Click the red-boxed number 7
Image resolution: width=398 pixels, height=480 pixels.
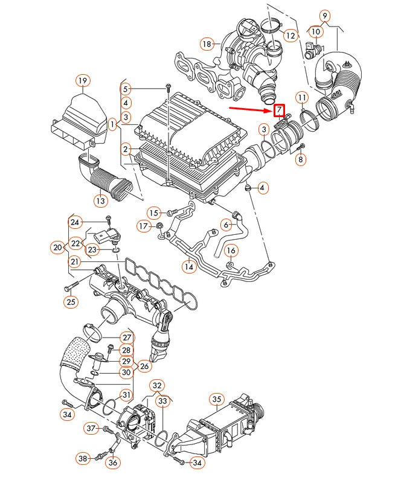pyautogui.click(x=279, y=110)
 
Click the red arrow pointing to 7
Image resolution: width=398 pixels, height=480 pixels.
pyautogui.click(x=250, y=109)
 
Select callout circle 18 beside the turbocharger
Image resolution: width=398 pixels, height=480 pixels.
pyautogui.click(x=207, y=43)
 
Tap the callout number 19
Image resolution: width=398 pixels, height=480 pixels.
pyautogui.click(x=83, y=80)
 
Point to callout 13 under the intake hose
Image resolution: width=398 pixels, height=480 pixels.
pyautogui.click(x=101, y=200)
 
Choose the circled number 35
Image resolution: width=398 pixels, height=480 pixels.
pyautogui.click(x=217, y=399)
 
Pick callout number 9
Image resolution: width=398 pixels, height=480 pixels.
pyautogui.click(x=325, y=16)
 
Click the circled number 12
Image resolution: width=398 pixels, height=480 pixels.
pyautogui.click(x=291, y=36)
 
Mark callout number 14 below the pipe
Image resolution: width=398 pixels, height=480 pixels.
pyautogui.click(x=189, y=266)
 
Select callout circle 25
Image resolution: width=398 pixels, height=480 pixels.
pyautogui.click(x=71, y=302)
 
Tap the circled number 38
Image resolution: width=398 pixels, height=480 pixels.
pyautogui.click(x=83, y=459)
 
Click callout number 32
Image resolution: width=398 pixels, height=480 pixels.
pyautogui.click(x=157, y=385)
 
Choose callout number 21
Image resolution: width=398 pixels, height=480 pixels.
pyautogui.click(x=74, y=261)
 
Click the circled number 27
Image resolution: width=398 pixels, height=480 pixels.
pyautogui.click(x=126, y=338)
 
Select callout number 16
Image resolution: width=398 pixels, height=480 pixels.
pyautogui.click(x=231, y=251)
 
